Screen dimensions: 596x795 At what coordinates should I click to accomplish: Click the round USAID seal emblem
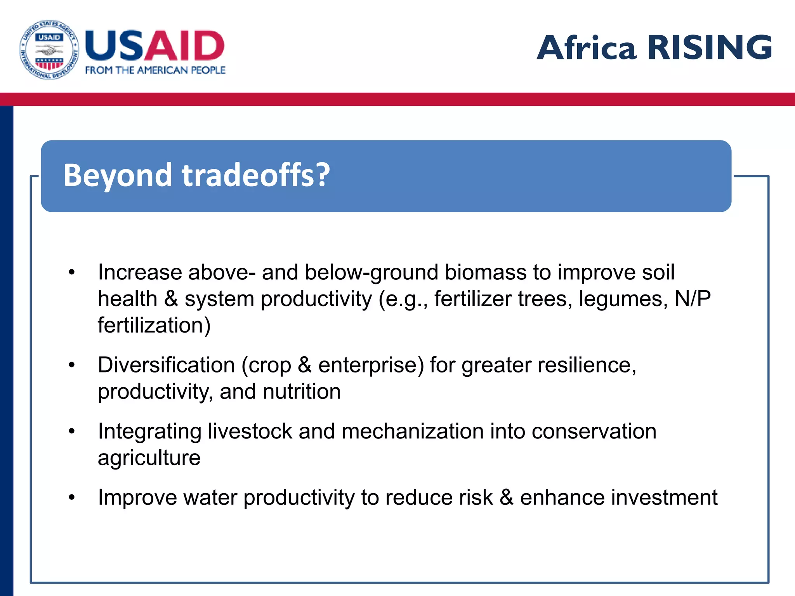49,50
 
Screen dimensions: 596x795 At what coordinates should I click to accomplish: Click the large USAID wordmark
154,46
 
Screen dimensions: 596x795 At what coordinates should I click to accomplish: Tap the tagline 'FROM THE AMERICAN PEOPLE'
155,70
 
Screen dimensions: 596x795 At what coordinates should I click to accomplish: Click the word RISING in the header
710,47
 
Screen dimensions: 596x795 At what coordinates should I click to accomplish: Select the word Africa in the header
586,47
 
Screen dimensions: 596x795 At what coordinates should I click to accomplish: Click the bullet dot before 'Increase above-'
71,272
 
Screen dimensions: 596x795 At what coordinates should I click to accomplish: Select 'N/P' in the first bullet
693,299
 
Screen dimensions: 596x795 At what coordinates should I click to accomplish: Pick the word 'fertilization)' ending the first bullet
154,325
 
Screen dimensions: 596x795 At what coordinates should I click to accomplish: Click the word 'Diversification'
166,365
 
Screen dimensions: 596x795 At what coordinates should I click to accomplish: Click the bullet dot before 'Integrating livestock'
71,431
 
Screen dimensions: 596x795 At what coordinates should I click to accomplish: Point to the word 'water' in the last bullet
210,497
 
